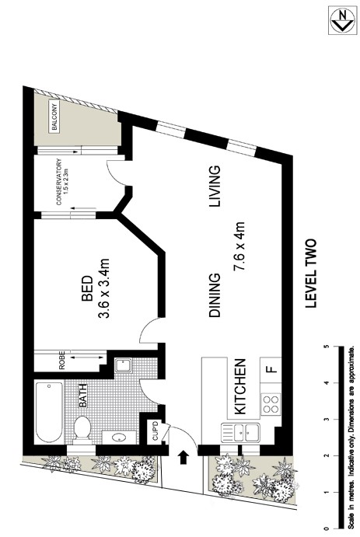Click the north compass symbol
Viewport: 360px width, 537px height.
point(339,20)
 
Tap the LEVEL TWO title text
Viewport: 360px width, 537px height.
point(312,274)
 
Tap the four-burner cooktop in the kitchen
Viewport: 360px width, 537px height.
point(271,403)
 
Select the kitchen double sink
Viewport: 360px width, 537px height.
point(241,431)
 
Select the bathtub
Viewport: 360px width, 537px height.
point(50,412)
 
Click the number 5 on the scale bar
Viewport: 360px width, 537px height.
point(325,347)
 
